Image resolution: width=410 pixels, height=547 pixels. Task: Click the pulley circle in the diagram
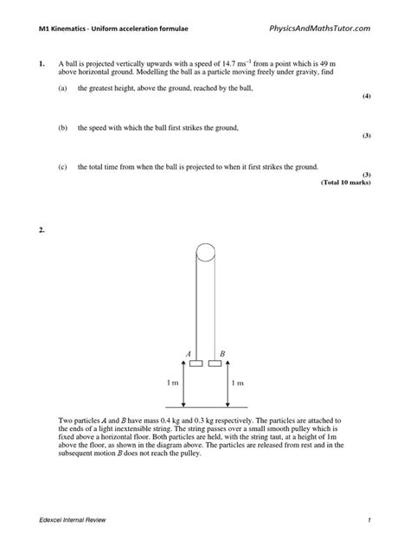point(208,254)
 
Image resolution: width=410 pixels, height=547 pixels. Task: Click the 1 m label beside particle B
point(237,382)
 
